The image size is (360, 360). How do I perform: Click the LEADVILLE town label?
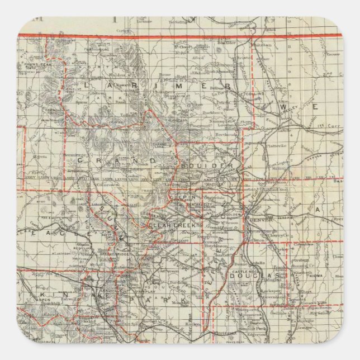(x=101, y=292)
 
